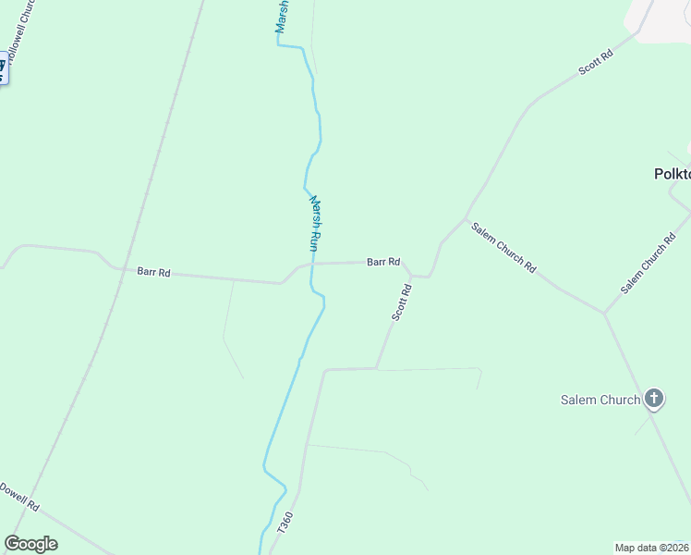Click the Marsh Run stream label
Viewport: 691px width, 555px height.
coord(315,223)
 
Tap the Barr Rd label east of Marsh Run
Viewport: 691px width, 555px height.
coord(382,262)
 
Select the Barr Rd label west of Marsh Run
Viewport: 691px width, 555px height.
coord(153,272)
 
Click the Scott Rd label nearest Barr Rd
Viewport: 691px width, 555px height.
coord(401,302)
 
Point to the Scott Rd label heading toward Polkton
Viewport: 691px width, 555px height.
coord(596,63)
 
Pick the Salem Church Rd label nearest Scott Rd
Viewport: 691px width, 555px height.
coord(503,247)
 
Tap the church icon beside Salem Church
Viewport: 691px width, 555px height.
coord(653,399)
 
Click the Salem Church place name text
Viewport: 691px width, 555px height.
coord(600,400)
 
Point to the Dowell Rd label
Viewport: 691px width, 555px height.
coord(19,497)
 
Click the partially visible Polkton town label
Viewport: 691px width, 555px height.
coord(672,174)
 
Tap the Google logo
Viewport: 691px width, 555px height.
coord(30,543)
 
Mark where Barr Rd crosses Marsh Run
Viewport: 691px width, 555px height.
coord(312,264)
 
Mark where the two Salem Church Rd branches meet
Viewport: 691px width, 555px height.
coord(604,313)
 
